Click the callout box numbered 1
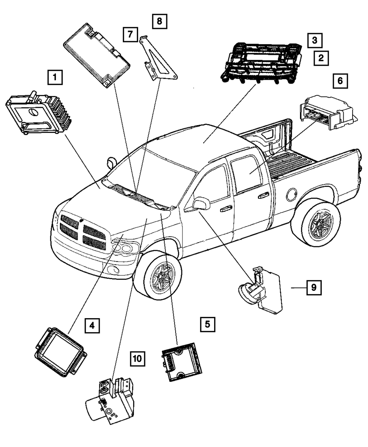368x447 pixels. (54, 77)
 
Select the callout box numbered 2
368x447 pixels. (321, 57)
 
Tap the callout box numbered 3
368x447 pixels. (315, 40)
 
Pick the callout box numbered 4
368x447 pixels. (92, 325)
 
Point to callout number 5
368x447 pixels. (208, 324)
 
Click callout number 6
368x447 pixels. (340, 81)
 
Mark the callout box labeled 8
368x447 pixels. (159, 21)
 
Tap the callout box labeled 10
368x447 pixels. (137, 358)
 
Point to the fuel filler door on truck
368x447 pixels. (293, 193)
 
